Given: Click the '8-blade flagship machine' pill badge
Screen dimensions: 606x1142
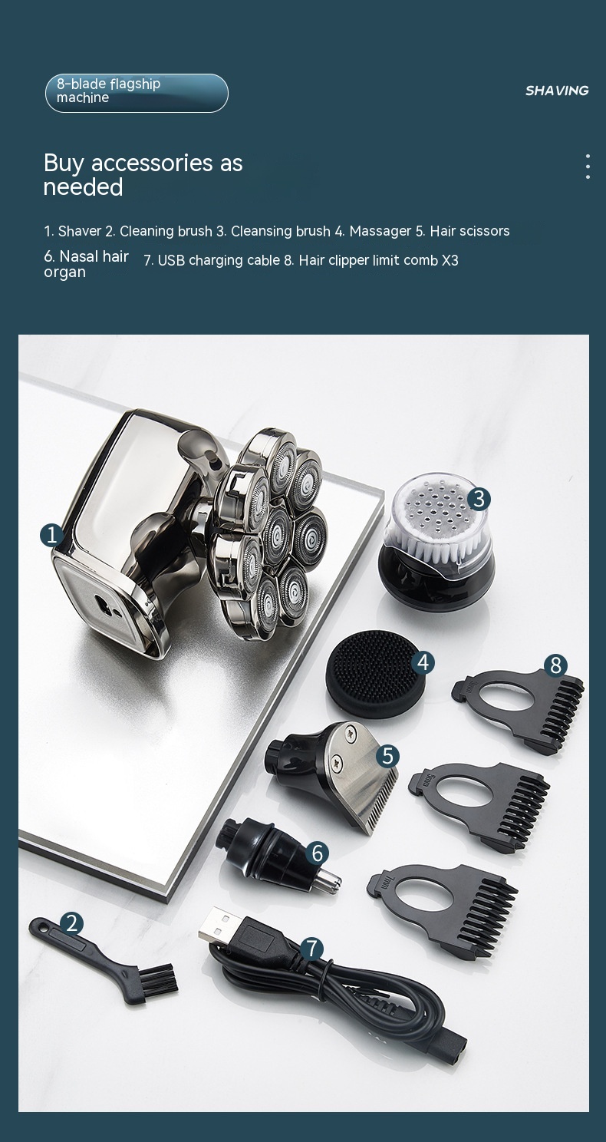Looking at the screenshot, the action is coord(137,93).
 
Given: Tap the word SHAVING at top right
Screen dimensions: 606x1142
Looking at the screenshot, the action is coord(557,91).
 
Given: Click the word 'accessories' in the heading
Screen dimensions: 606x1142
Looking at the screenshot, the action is coord(152,163).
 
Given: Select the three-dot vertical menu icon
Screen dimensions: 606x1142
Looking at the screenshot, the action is coord(588,167).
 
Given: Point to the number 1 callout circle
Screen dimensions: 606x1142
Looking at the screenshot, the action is coord(52,536).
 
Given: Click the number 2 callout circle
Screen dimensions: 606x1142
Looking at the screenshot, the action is coord(72,923).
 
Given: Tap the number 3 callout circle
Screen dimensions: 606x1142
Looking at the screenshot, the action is coord(479,499).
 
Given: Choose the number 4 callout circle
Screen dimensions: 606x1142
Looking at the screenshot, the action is coord(423,663).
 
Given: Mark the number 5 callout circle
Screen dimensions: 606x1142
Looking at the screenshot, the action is coord(388,755).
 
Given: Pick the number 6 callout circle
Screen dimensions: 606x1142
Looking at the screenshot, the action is coord(317,853).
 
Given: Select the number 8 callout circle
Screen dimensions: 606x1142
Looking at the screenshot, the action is coord(555,665).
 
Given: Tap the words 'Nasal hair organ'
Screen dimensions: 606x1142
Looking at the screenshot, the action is coord(86,264).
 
